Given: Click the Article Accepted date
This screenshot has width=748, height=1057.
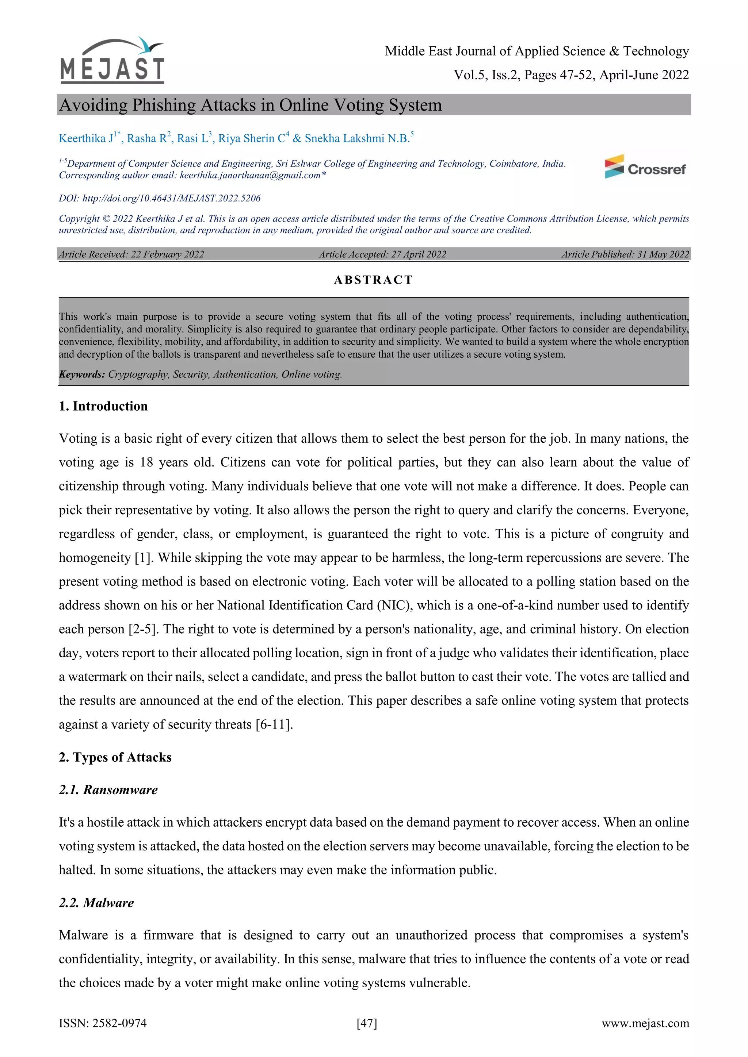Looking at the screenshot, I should pos(382,254).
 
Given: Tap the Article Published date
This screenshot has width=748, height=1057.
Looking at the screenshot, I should pos(625,254).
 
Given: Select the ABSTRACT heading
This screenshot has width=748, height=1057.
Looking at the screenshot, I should pos(374,280).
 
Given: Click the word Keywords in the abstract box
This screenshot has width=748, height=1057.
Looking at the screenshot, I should pos(81,374).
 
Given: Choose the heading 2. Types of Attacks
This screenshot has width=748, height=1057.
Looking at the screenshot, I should pos(115,757).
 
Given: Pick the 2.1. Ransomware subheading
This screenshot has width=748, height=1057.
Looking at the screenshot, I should pos(108,790).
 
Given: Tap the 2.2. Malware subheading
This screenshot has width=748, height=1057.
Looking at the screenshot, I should pos(96,903).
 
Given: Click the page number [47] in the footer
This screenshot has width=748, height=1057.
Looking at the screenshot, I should pos(367,1023).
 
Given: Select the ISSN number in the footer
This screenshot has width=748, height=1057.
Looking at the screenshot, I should pos(103,1023).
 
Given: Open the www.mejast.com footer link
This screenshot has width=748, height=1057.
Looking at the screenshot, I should pos(645,1023).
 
